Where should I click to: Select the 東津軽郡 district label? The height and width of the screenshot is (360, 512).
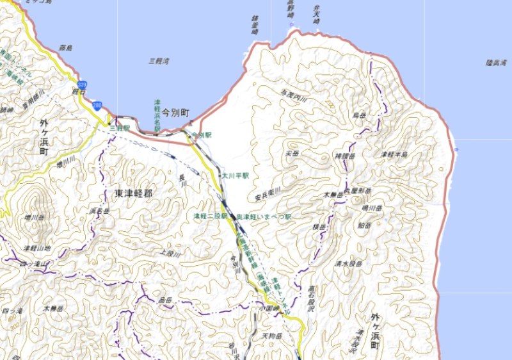pyautogui.click(x=134, y=192)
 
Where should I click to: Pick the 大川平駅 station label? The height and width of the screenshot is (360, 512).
pyautogui.click(x=235, y=175)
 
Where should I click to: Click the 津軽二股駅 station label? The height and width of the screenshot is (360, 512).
pyautogui.click(x=211, y=217)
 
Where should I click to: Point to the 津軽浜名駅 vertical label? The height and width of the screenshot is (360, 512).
pyautogui.click(x=157, y=115)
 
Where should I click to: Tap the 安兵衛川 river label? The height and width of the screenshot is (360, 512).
pyautogui.click(x=268, y=190)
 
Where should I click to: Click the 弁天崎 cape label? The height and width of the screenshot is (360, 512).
pyautogui.click(x=316, y=15)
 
